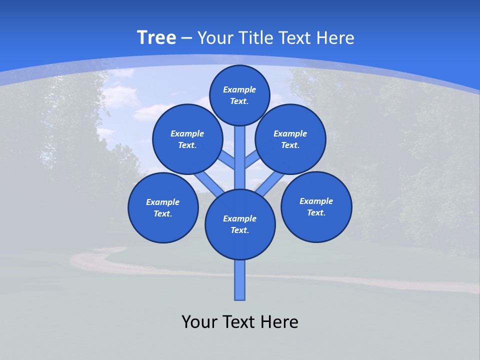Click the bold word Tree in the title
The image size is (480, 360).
[156, 37]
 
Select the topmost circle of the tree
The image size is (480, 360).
[239, 95]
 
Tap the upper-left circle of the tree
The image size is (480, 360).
[187, 139]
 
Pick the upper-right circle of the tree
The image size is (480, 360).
[290, 139]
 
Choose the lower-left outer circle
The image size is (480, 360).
[163, 207]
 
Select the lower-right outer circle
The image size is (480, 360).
[316, 206]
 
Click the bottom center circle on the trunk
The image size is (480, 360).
[240, 224]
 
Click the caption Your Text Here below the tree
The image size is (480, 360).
[240, 321]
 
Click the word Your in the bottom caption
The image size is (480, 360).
[199, 321]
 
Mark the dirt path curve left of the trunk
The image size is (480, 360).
[95, 260]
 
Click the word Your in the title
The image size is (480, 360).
[215, 37]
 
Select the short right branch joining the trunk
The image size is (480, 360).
[251, 160]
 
